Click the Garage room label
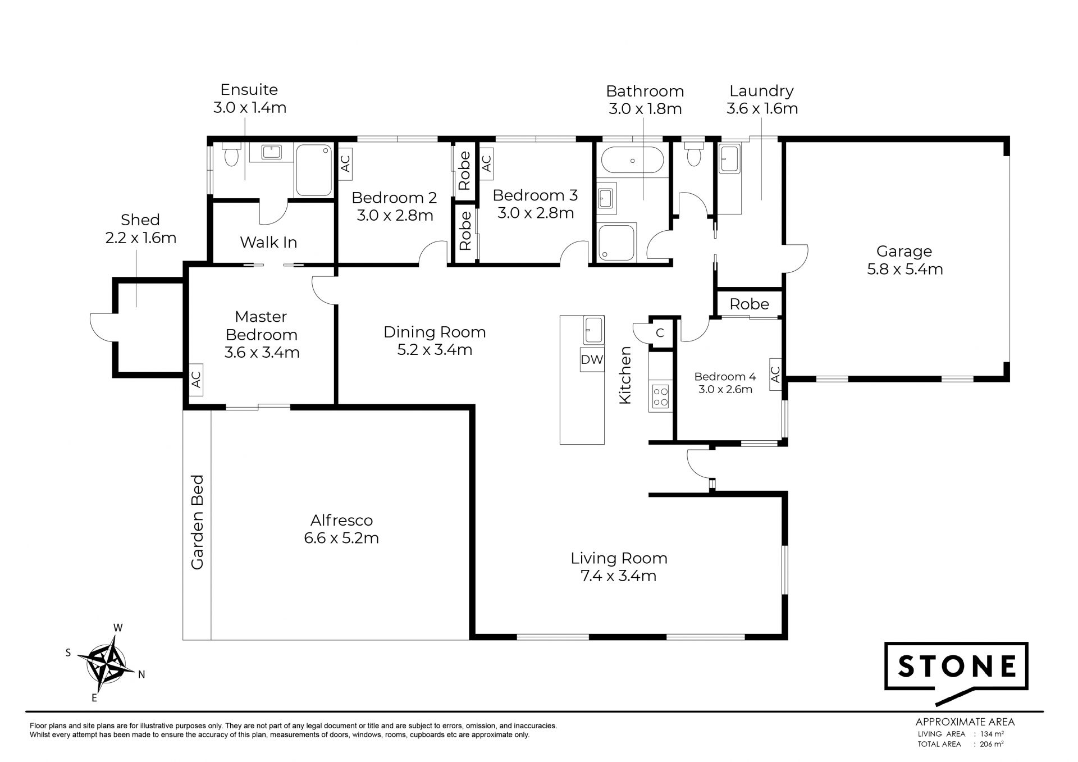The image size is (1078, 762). tap(904, 252)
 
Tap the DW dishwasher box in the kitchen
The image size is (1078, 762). tap(592, 359)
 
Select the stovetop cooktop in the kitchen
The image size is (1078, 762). tap(660, 396)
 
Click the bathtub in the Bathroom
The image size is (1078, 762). tap(632, 161)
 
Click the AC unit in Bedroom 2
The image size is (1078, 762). tap(345, 163)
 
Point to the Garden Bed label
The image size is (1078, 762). tap(197, 522)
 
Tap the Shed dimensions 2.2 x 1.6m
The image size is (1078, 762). tap(141, 238)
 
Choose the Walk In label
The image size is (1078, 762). tap(268, 242)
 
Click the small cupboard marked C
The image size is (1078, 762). tap(660, 333)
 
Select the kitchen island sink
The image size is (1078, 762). tap(593, 330)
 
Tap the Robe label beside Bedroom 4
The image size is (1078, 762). tap(750, 304)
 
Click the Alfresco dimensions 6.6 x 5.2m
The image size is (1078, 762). tap(341, 538)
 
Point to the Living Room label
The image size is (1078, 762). tap(619, 558)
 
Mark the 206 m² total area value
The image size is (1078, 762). tap(992, 744)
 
